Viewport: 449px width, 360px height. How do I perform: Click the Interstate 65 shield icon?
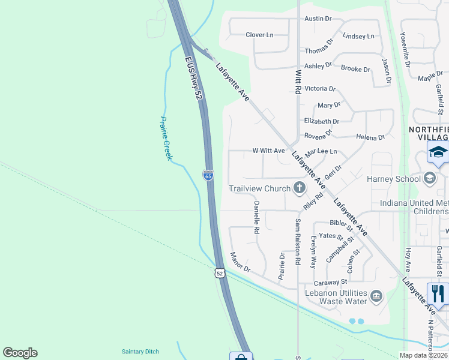208,175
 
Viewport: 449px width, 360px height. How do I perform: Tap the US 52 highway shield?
220,273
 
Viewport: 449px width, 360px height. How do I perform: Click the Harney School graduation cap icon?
430,178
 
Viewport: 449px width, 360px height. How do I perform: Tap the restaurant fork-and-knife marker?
438,293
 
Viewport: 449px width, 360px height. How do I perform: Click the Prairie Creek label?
166,138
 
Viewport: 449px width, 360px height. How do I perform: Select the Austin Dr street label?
318,19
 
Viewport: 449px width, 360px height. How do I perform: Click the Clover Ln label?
259,35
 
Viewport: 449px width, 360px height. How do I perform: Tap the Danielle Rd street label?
256,217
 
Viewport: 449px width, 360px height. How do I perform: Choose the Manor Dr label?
239,262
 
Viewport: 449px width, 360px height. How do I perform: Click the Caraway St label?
331,281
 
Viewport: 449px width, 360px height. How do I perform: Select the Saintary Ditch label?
140,352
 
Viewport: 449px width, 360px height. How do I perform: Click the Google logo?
20,353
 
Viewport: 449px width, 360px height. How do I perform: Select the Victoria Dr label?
320,89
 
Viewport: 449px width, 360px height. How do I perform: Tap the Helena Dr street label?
370,137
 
